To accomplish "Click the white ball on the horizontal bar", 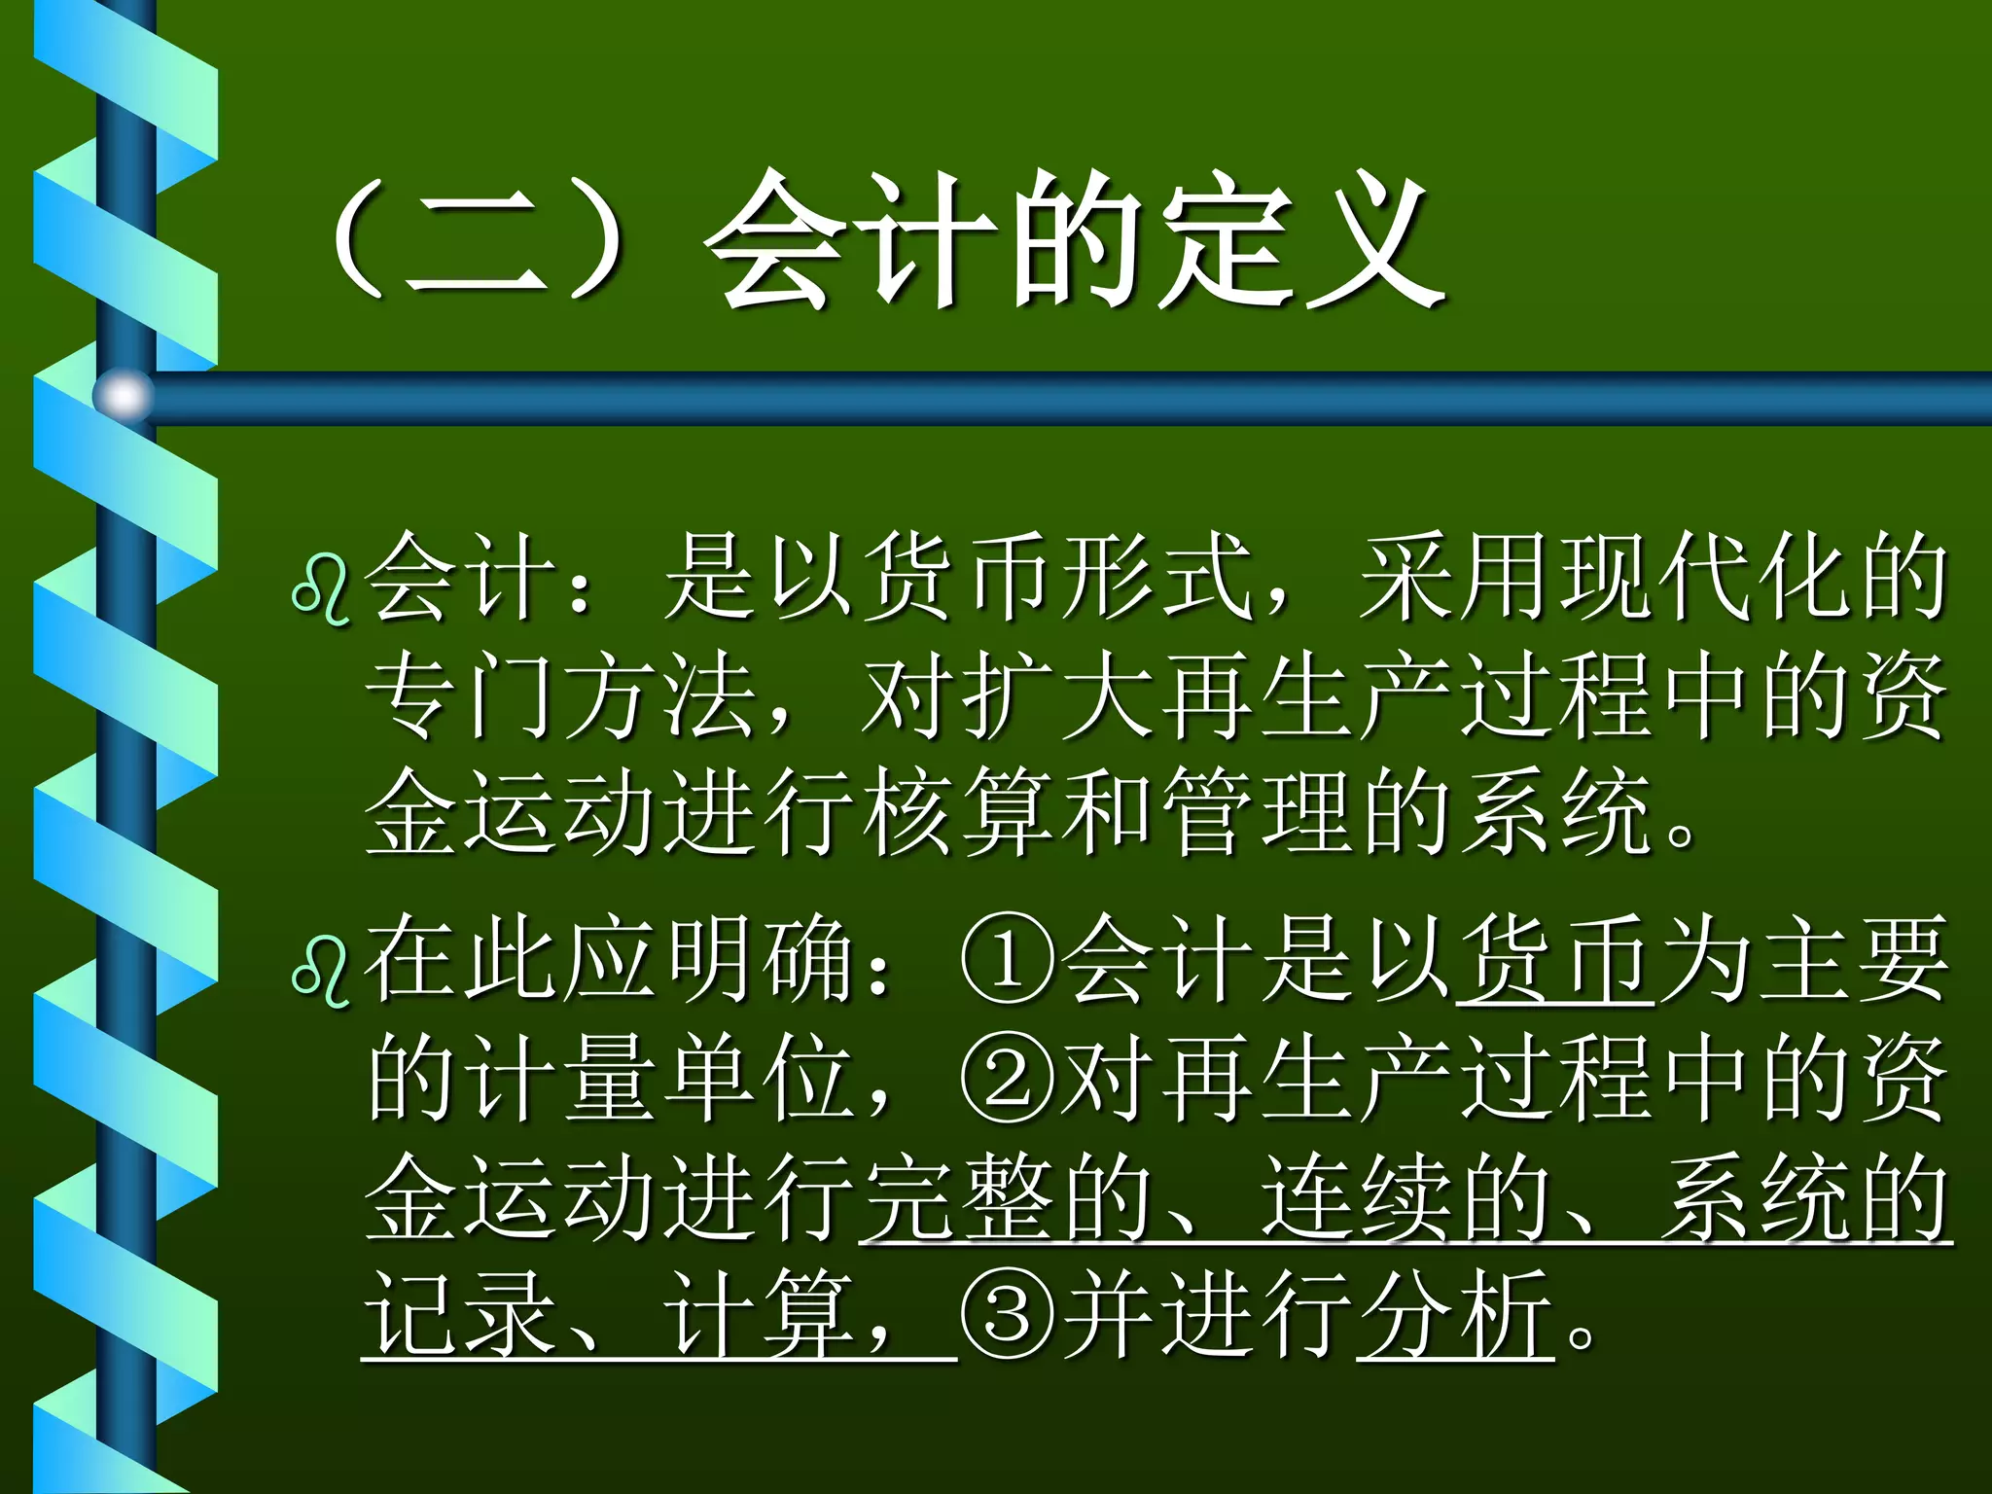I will click(x=124, y=396).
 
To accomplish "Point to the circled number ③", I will click(x=1008, y=1317).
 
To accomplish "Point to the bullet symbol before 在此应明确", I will click(x=322, y=973).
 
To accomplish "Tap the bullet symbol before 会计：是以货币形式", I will click(x=322, y=589).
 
